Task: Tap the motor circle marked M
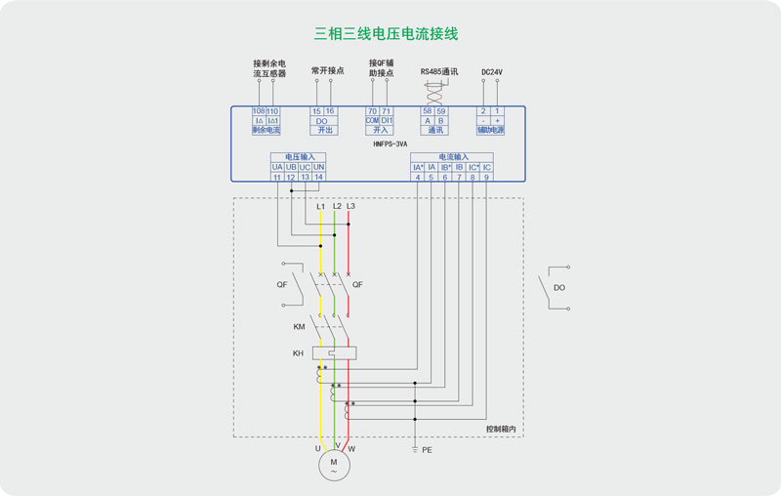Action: (x=334, y=466)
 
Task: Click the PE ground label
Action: (x=427, y=450)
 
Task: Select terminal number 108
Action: (x=259, y=111)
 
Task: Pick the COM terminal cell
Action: (x=372, y=120)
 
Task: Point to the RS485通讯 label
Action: (x=438, y=71)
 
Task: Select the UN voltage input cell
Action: (x=319, y=167)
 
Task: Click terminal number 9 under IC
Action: (x=486, y=177)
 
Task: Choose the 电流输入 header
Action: (x=452, y=156)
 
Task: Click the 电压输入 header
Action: (x=299, y=156)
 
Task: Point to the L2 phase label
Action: (x=337, y=206)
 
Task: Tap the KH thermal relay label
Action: (x=298, y=352)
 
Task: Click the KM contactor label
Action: (x=299, y=327)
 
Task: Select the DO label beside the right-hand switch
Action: (x=559, y=288)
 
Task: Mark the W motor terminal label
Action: (x=351, y=448)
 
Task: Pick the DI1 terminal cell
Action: (x=387, y=120)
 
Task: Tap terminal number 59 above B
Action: (x=441, y=111)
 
